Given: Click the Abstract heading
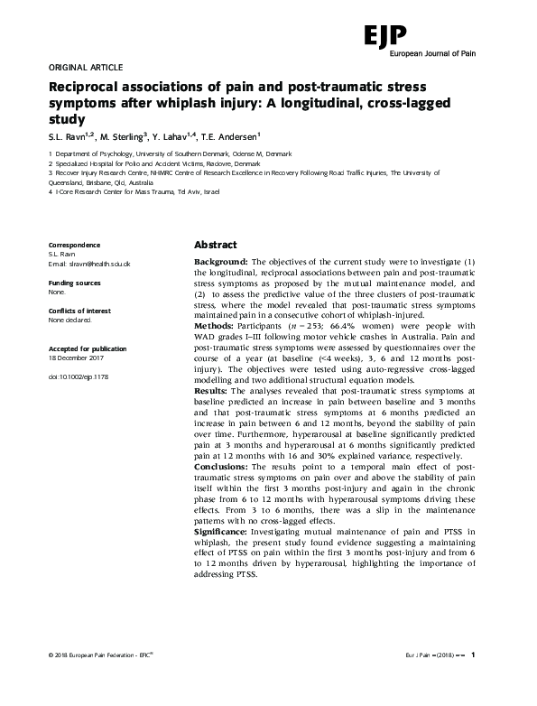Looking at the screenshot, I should (216, 246).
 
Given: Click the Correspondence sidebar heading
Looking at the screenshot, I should (74, 246).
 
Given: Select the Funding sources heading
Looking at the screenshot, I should (74, 283).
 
